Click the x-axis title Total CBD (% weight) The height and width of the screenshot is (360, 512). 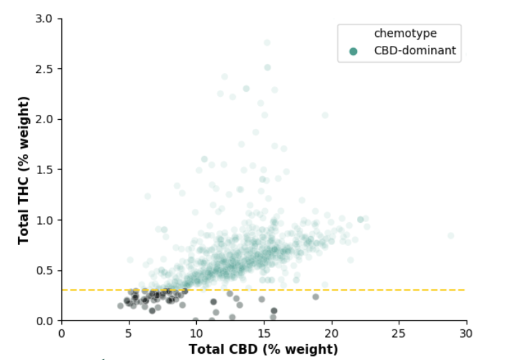point(263,349)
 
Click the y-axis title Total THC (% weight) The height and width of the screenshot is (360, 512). point(24,170)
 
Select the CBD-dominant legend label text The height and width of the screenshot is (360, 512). point(415,51)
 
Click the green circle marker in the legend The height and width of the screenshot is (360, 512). point(354,51)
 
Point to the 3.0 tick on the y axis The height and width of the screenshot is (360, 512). point(44,19)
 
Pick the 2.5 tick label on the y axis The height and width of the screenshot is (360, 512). point(44,69)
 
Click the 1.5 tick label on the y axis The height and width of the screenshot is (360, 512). point(44,170)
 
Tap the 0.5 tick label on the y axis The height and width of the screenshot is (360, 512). point(44,271)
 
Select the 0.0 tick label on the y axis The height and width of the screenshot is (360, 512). point(44,321)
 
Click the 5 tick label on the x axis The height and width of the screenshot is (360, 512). point(129,334)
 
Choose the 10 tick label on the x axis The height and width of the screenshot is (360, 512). point(197,334)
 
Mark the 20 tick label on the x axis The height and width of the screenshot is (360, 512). point(332,334)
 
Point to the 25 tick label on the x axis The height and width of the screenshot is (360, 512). point(399,334)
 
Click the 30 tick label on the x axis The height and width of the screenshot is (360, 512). point(467,334)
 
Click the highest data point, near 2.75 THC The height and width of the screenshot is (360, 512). point(267,42)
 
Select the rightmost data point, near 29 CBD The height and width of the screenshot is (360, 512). point(451,236)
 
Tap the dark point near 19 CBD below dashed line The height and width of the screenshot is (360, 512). point(316,297)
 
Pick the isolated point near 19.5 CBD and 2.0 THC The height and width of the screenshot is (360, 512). point(325,116)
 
